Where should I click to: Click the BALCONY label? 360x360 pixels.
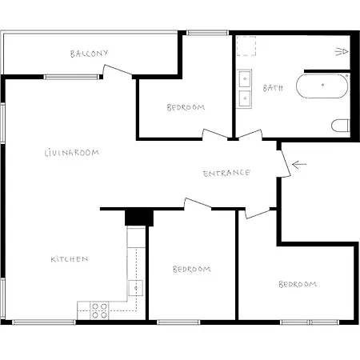pos(88,54)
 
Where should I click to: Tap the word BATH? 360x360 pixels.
pos(272,88)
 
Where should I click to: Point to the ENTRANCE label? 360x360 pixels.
pos(226,173)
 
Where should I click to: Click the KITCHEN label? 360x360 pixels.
pos(69,259)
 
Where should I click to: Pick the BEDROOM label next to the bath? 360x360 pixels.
pos(186,107)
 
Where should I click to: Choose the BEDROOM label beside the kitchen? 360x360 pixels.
pos(192,269)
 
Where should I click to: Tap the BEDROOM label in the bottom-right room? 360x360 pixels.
pos(297,284)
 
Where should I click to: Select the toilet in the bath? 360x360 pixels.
pos(342,126)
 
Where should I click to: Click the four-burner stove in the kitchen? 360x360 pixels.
pos(99,310)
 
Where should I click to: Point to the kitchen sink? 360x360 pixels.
pos(136,287)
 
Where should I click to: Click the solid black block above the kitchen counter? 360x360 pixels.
pos(138,217)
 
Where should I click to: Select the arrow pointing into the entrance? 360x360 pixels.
pos(299,166)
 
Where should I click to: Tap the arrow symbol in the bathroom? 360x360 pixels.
pos(342,52)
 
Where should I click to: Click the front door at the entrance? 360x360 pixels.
pos(283,161)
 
